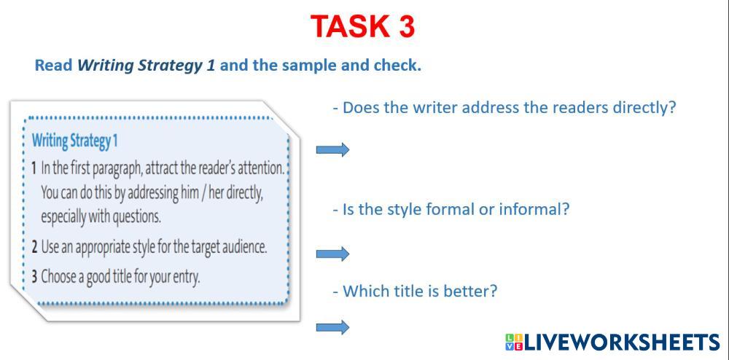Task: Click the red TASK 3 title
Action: (362, 26)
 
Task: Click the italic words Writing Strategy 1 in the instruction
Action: (146, 66)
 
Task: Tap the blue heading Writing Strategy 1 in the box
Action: (74, 141)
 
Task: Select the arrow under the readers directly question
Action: (332, 149)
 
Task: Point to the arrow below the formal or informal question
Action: (332, 254)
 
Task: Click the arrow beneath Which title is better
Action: (332, 327)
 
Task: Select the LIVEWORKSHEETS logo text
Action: (622, 342)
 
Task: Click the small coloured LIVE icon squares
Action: (514, 343)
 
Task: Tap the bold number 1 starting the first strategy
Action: (34, 168)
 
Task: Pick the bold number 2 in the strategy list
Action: (34, 246)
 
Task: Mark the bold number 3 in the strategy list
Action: (34, 277)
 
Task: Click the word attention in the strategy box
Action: (261, 168)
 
